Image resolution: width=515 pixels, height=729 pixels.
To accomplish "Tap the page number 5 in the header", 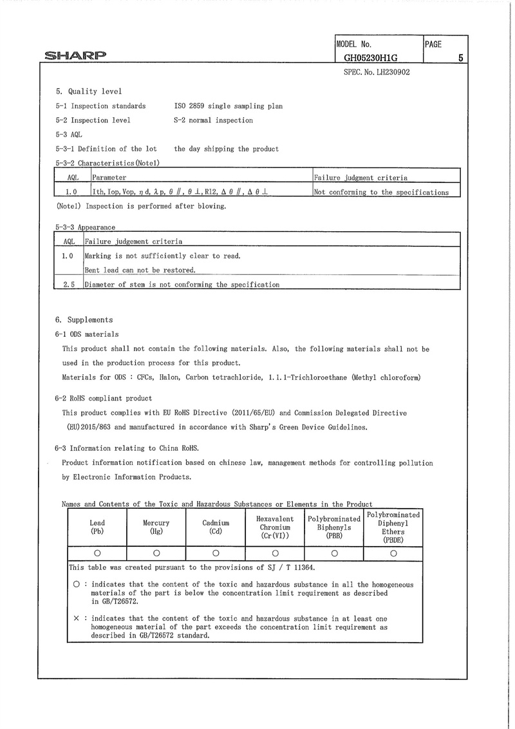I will [461, 58].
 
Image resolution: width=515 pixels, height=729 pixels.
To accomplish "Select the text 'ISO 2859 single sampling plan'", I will [229, 106].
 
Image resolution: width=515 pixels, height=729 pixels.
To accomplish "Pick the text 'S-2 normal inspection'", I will [213, 120].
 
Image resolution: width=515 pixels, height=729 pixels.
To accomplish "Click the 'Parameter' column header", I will [109, 177].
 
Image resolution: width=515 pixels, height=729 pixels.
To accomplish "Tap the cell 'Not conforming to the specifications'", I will [381, 192].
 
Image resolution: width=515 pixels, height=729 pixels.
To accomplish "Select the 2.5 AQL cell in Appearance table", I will [70, 284].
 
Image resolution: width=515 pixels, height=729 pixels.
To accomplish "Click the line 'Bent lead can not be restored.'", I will [140, 270].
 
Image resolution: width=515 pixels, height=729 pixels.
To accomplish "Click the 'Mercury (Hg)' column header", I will [156, 527].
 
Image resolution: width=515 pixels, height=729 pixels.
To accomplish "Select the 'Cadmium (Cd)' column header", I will [216, 527].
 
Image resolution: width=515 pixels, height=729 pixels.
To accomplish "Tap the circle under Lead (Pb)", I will [97, 553].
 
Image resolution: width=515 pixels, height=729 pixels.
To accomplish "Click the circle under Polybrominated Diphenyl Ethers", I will [393, 553].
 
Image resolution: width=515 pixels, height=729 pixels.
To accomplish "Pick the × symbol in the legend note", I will [77, 618].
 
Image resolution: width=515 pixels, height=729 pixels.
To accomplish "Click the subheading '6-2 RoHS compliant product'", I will [104, 398].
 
